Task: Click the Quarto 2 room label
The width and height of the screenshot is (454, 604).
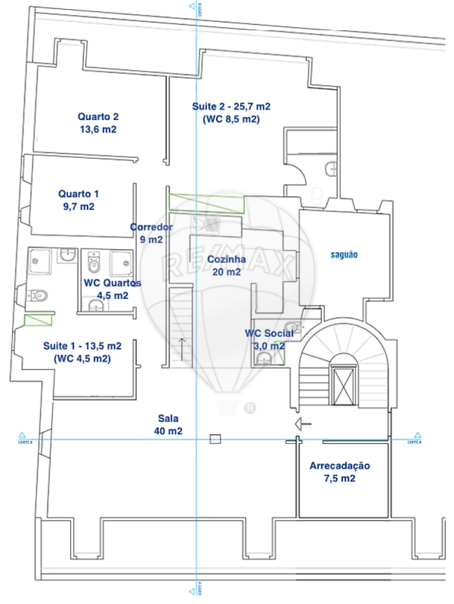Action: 98,123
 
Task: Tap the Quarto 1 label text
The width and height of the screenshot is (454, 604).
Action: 78,200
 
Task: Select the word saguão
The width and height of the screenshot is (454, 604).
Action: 344,255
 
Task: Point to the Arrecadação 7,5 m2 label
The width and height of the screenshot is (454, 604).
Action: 339,472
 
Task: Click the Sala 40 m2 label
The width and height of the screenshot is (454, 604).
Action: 168,425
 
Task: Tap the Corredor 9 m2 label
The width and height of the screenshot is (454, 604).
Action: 151,233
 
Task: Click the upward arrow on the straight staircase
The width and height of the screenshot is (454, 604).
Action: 181,348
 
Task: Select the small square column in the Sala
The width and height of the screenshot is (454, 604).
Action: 215,439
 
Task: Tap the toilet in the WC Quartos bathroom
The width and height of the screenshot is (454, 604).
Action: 94,262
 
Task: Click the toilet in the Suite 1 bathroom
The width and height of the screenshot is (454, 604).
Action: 38,294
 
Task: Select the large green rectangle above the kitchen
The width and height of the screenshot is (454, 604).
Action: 206,203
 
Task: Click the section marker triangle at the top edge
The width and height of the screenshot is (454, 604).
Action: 191,7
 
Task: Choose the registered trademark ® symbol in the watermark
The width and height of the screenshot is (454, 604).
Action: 249,408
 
